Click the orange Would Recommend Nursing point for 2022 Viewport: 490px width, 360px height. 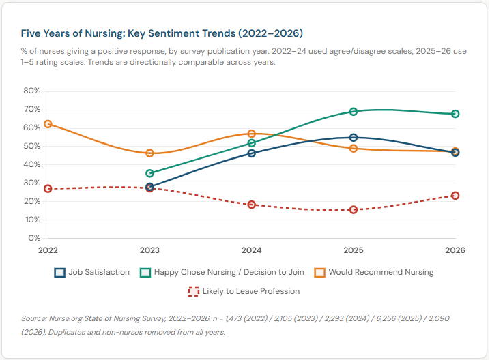pos(48,124)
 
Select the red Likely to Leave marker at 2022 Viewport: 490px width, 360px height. pos(48,188)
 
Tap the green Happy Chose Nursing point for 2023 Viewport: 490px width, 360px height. pos(150,173)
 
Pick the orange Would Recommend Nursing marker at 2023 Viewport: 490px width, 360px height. pos(150,153)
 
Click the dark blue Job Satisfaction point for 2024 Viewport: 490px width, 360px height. pos(252,153)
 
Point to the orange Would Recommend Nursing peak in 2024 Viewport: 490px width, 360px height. pos(252,134)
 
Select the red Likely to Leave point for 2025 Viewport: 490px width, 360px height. pos(354,210)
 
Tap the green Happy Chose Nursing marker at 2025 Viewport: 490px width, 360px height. pos(354,112)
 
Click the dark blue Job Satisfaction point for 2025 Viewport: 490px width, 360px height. pos(354,138)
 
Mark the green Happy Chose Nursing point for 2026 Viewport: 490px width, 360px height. pos(455,114)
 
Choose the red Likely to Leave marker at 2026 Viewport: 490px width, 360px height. pos(455,196)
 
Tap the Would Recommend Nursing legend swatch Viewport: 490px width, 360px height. pos(319,272)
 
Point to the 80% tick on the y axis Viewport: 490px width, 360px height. pos(32,91)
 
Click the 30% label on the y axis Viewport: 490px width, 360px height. pos(32,183)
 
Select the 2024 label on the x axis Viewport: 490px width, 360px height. pos(252,250)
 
